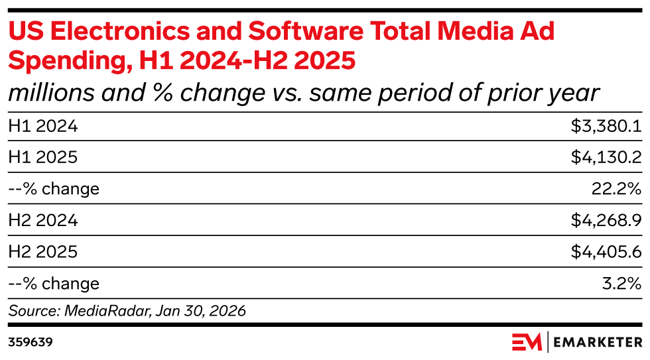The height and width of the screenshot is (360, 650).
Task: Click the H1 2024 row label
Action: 42,125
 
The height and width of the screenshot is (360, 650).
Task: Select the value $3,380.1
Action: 606,125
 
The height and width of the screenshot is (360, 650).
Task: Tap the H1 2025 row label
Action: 42,157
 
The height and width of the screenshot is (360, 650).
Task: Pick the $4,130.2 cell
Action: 606,157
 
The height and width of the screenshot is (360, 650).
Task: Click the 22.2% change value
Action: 616,189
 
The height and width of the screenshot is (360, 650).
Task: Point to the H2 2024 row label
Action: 42,221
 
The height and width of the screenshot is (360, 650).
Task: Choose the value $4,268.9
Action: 606,221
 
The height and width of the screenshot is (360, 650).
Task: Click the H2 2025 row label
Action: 42,252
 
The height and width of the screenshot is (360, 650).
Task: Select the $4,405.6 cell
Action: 606,252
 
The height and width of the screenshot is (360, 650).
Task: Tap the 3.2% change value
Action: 621,284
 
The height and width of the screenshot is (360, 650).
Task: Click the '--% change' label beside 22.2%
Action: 54,189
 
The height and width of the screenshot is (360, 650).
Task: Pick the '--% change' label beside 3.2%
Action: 54,284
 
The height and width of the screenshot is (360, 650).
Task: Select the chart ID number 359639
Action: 31,342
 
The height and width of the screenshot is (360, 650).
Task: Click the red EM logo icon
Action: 527,342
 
